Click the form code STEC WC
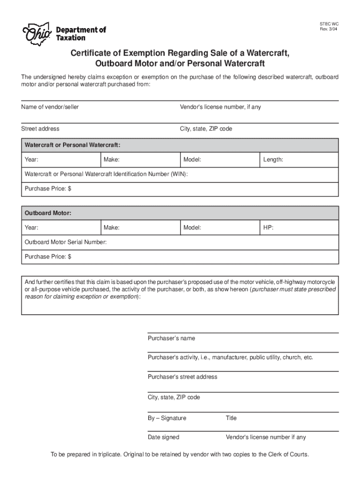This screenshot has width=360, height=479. tap(329, 23)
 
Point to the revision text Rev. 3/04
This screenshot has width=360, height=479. tap(329, 30)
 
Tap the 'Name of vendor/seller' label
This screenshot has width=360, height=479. tap(50, 107)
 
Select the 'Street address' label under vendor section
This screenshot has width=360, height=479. tap(40, 129)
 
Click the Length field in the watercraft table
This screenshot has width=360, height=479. tap(299, 160)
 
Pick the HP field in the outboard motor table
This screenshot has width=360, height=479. tap(299, 228)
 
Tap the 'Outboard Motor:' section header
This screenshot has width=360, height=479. tap(48, 213)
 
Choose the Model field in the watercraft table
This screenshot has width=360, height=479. tap(220, 160)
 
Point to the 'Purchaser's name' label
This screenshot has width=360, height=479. tap(172, 338)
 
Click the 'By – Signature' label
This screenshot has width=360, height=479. tap(167, 418)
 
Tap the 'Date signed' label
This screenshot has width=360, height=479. tap(163, 437)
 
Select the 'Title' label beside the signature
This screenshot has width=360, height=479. tap(231, 418)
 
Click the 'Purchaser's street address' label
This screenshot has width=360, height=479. tap(182, 377)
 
